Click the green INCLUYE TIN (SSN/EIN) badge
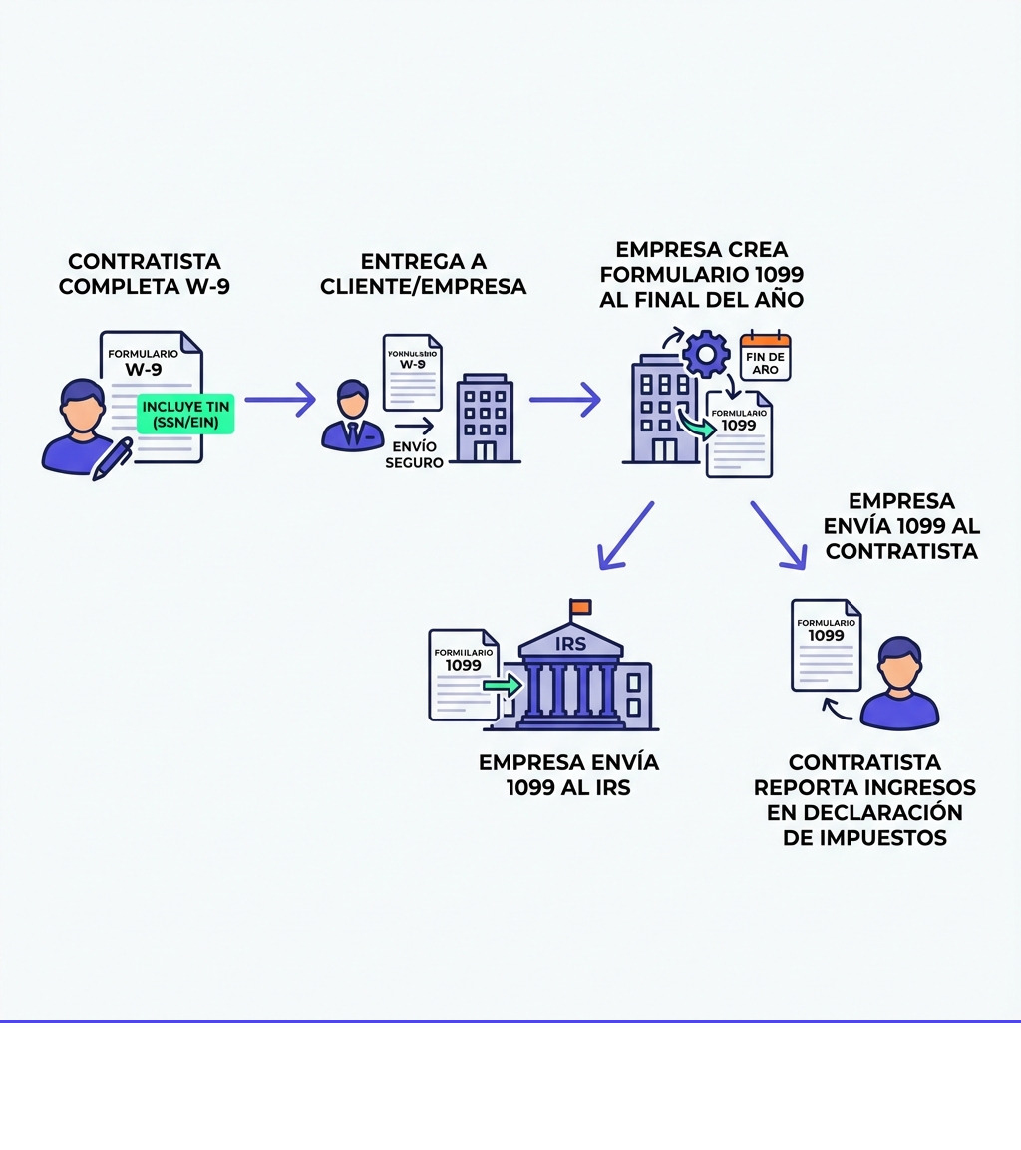pos(186,414)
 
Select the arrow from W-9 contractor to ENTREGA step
pos(279,400)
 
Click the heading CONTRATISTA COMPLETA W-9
pos(145,274)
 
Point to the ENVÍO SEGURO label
pos(414,454)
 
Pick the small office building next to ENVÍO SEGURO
pos(485,419)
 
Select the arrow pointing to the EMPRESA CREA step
pos(564,400)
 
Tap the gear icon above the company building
pos(706,354)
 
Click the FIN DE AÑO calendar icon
pos(765,356)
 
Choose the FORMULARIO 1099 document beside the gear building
pos(739,433)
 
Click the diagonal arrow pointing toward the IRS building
pos(625,535)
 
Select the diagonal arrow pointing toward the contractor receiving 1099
pos(779,535)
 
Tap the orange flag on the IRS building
pos(580,607)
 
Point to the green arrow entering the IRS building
pos(504,685)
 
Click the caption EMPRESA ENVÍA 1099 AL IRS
pos(568,775)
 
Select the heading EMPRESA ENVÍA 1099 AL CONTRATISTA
pos(901,526)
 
